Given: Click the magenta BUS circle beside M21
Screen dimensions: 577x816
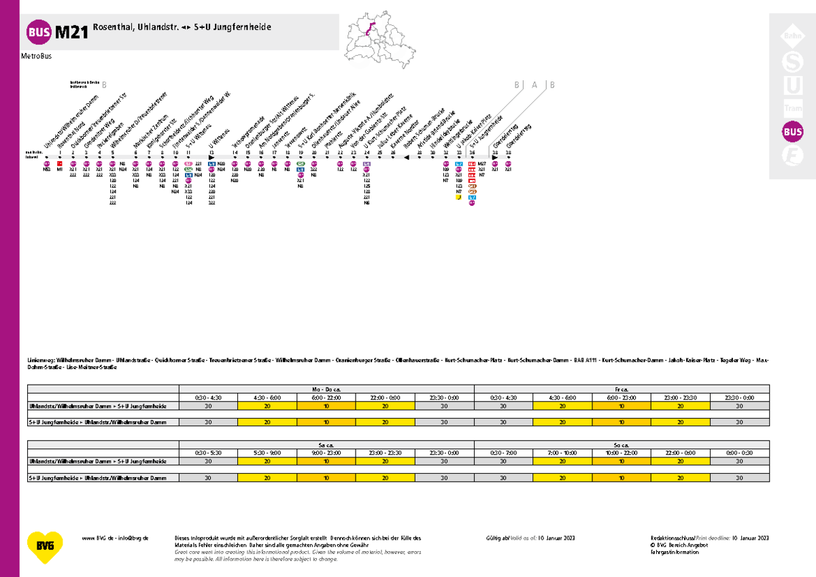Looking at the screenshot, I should click(x=38, y=31).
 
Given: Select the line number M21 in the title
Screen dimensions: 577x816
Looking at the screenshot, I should click(x=71, y=32).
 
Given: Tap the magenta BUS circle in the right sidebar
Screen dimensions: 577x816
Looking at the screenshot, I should click(x=792, y=132).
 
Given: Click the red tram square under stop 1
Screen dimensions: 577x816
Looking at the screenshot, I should click(x=60, y=164).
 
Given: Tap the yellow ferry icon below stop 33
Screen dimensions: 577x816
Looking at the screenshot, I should click(x=459, y=198).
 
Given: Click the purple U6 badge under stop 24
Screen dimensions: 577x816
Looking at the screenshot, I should click(x=367, y=164).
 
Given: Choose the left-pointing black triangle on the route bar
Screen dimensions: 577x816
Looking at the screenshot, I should click(x=407, y=158).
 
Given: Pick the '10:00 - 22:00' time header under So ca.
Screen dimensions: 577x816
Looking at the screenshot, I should click(x=622, y=452).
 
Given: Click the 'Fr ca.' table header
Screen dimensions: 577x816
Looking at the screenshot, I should click(x=622, y=388).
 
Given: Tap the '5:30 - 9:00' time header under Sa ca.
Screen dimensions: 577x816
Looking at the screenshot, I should click(x=266, y=452).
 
